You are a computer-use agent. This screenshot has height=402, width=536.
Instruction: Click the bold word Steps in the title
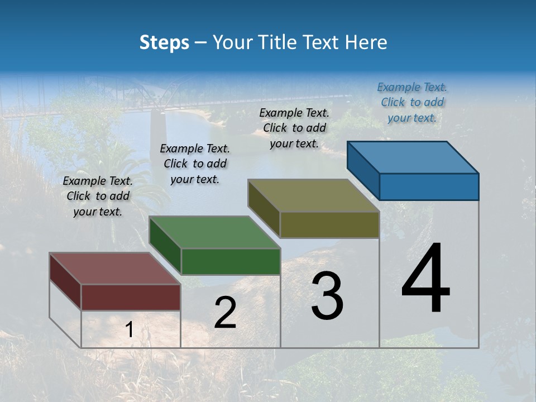[164, 42]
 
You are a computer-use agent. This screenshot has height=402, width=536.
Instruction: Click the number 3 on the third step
[327, 296]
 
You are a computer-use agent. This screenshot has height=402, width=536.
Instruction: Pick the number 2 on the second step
[225, 313]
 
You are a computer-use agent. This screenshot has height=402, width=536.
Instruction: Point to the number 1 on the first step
[129, 330]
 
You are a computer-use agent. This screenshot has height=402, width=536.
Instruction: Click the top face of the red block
[114, 269]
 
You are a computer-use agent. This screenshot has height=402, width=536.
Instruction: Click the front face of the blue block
[429, 186]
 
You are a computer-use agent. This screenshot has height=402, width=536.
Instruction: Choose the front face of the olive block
[329, 225]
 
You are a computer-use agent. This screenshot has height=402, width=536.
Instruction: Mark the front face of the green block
[231, 261]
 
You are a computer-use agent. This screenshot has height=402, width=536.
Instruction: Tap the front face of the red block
[131, 297]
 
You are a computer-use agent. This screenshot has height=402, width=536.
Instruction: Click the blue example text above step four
[412, 102]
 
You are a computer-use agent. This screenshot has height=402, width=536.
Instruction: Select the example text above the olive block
[294, 128]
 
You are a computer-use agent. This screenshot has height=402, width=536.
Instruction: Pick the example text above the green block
[195, 164]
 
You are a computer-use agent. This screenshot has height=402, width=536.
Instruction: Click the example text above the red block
[98, 196]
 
